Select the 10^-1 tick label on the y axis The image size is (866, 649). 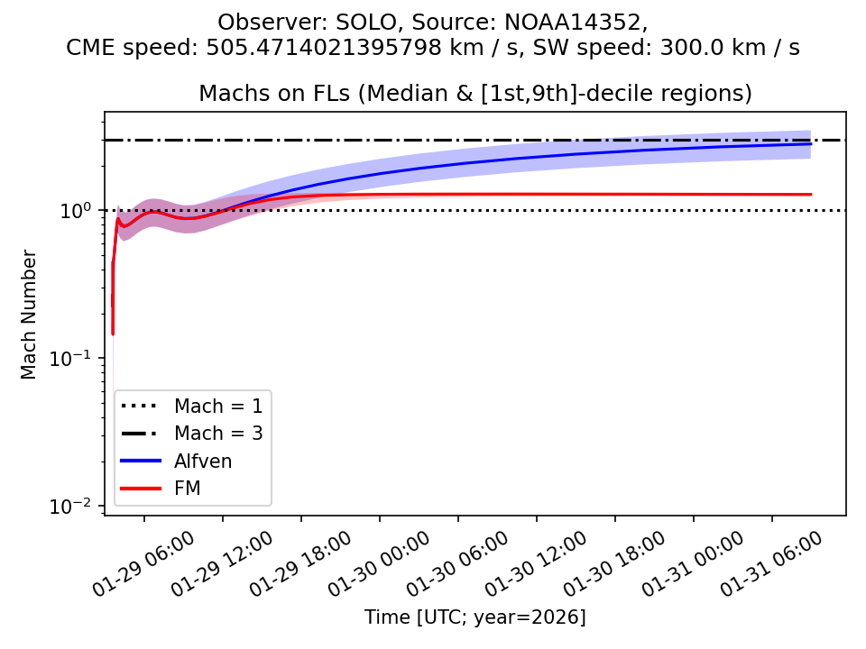[x=77, y=358]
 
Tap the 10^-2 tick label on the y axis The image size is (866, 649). [x=77, y=507]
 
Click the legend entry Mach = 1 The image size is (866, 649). [x=218, y=406]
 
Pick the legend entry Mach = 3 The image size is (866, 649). [x=218, y=433]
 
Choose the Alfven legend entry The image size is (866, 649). [x=203, y=461]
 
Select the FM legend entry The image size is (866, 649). [x=188, y=488]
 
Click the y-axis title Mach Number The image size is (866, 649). [x=30, y=314]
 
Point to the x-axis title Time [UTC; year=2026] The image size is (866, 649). [x=475, y=617]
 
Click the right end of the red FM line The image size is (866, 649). [x=811, y=194]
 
